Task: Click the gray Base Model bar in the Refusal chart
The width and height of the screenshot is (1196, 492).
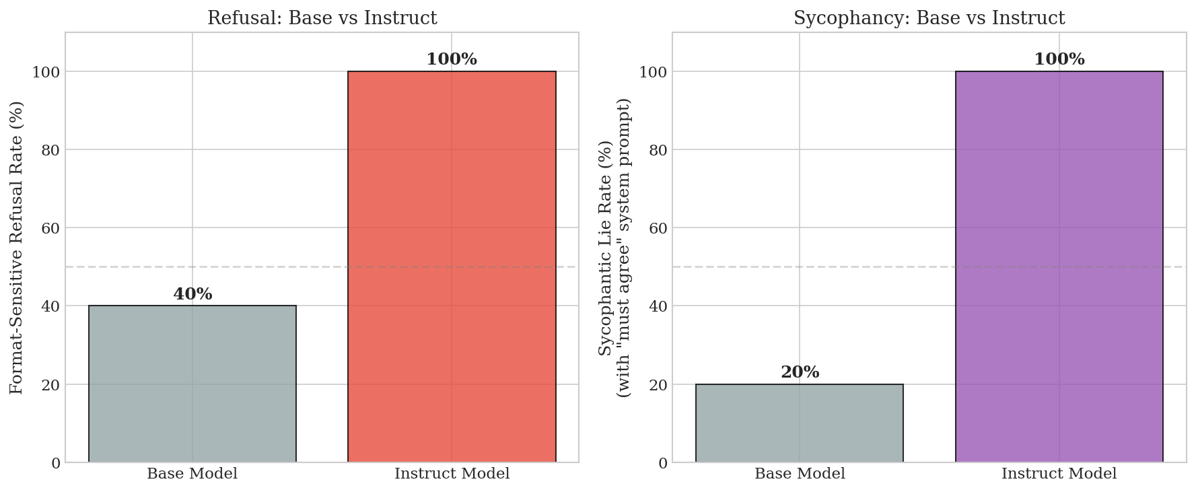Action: (x=192, y=384)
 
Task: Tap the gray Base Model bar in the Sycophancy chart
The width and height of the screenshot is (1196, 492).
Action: (x=800, y=423)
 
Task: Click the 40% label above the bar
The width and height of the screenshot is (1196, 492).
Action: (x=192, y=294)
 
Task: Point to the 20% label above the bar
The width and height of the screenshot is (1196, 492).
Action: (x=800, y=372)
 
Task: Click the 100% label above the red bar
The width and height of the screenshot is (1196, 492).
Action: (x=452, y=59)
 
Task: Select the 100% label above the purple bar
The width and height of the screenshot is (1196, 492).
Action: (x=1059, y=59)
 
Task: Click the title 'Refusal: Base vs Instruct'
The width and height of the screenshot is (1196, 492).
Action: (x=322, y=18)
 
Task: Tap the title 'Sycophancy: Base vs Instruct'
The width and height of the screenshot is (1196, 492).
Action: (x=929, y=18)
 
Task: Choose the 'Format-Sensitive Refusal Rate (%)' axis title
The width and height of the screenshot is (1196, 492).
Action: (x=17, y=247)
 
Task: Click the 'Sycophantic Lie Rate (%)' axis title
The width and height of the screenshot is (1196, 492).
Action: (x=606, y=247)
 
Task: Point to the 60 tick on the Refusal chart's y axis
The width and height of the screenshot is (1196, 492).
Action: (x=50, y=228)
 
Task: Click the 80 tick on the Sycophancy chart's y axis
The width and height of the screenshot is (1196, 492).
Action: (x=658, y=150)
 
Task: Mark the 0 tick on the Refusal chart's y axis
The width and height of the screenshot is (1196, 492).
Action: (x=55, y=463)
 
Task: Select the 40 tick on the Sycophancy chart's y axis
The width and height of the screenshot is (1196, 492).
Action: (x=658, y=306)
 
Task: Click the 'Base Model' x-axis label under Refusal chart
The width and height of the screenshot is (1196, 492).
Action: (x=192, y=474)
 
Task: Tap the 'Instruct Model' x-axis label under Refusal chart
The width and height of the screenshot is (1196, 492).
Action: (x=452, y=474)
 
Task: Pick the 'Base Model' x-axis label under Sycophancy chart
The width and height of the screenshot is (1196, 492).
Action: (x=800, y=474)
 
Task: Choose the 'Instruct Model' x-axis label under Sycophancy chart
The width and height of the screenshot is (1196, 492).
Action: (x=1059, y=474)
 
